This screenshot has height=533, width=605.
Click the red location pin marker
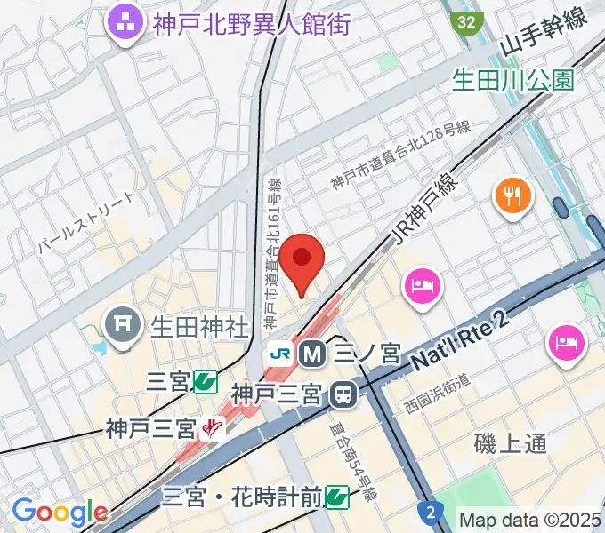pos(302,259)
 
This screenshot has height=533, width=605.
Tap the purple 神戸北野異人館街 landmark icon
pos(124,22)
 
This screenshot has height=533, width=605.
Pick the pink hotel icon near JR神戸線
pos(420,285)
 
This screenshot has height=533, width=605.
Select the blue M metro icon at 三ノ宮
pos(312,354)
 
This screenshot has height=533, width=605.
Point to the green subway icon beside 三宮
pos(206,382)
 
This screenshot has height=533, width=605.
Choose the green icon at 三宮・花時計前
pos(336,495)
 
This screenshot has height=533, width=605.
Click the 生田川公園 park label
pos(512,81)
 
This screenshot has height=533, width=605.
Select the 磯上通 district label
pos(510,442)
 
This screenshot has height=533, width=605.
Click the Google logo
pos(60,511)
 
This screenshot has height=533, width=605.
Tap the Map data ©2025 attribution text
pos(530,519)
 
